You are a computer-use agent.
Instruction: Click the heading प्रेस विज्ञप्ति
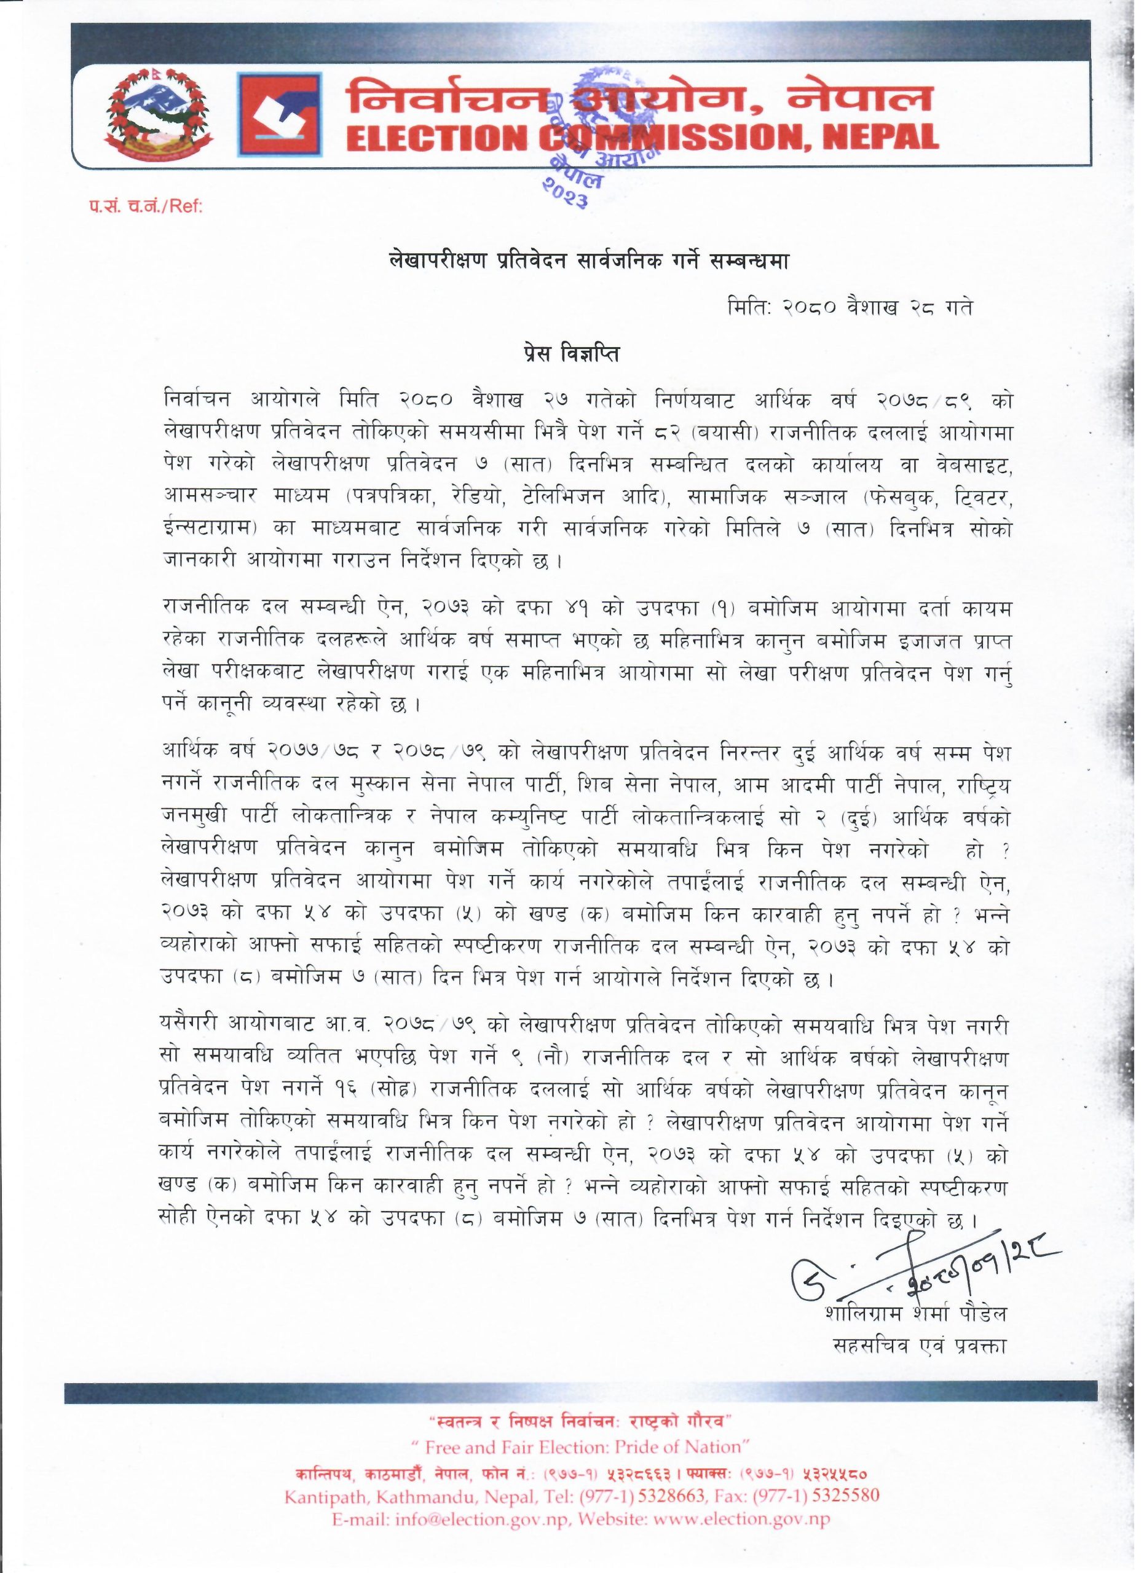[571, 355]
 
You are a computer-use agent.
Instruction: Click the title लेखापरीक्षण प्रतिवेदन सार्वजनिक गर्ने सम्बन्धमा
[571, 263]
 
